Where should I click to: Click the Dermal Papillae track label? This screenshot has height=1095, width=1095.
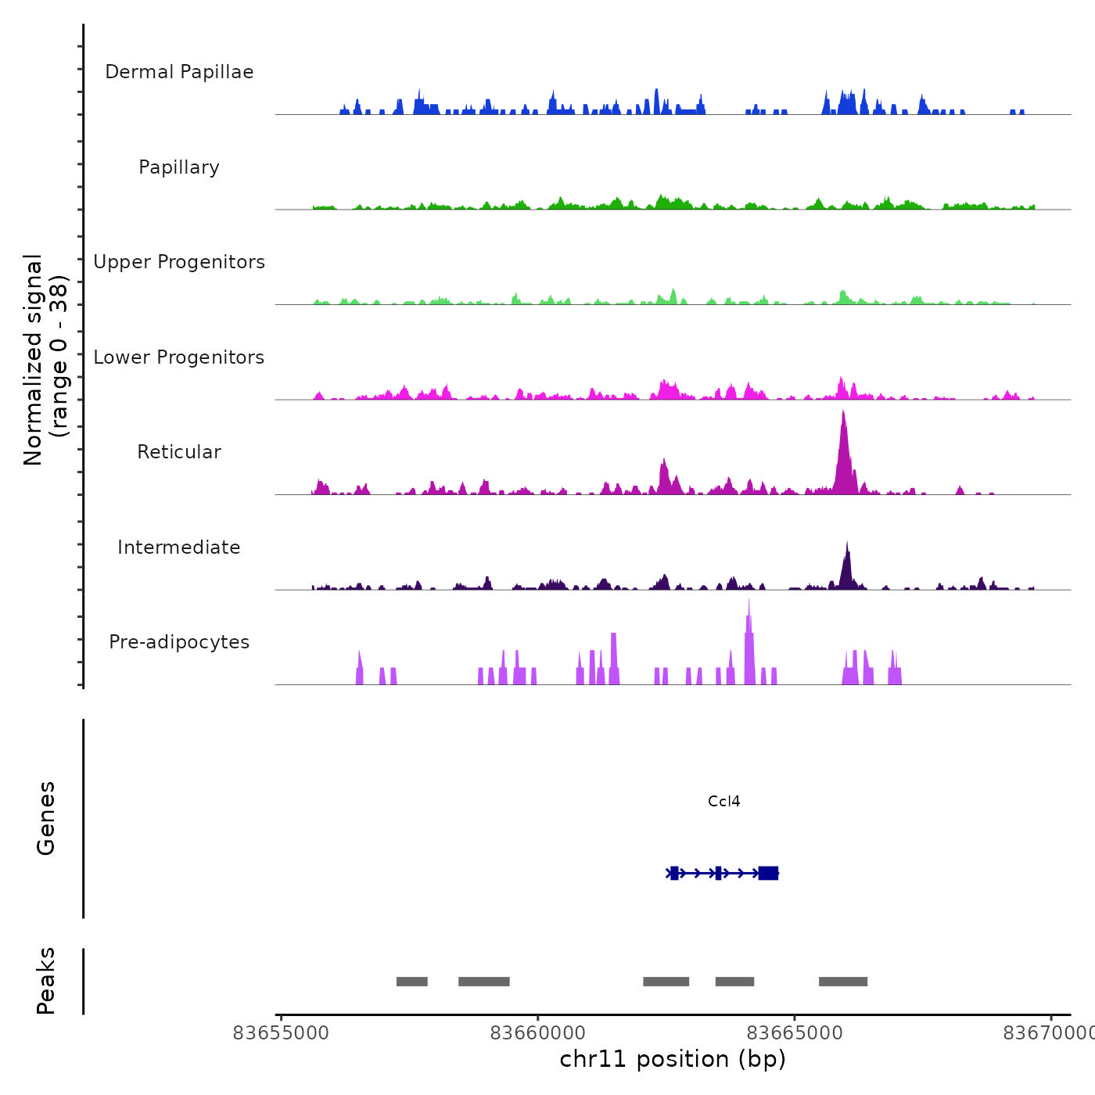pyautogui.click(x=179, y=72)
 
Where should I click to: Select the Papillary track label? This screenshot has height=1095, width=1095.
pyautogui.click(x=179, y=167)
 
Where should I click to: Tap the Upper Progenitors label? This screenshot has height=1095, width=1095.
pyautogui.click(x=179, y=262)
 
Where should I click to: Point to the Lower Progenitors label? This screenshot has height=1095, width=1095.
pyautogui.click(x=179, y=357)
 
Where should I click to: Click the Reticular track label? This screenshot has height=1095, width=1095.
pyautogui.click(x=179, y=452)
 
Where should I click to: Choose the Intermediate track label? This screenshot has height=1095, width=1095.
pyautogui.click(x=179, y=547)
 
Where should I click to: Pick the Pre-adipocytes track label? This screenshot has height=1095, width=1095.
pyautogui.click(x=179, y=642)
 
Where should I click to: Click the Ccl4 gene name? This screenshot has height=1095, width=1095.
pyautogui.click(x=723, y=802)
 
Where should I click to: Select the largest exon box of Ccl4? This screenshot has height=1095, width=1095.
pyautogui.click(x=768, y=873)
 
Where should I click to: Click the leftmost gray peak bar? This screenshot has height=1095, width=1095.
pyautogui.click(x=412, y=982)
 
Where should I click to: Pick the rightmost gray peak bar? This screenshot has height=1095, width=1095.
pyautogui.click(x=843, y=982)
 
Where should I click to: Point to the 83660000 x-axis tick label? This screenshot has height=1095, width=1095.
pyautogui.click(x=538, y=1033)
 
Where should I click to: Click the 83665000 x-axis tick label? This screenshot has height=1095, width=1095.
pyautogui.click(x=795, y=1033)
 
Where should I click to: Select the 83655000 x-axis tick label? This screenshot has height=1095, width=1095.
pyautogui.click(x=282, y=1033)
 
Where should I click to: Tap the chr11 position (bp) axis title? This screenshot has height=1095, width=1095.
pyautogui.click(x=673, y=1059)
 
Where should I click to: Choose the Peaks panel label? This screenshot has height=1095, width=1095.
pyautogui.click(x=46, y=981)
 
